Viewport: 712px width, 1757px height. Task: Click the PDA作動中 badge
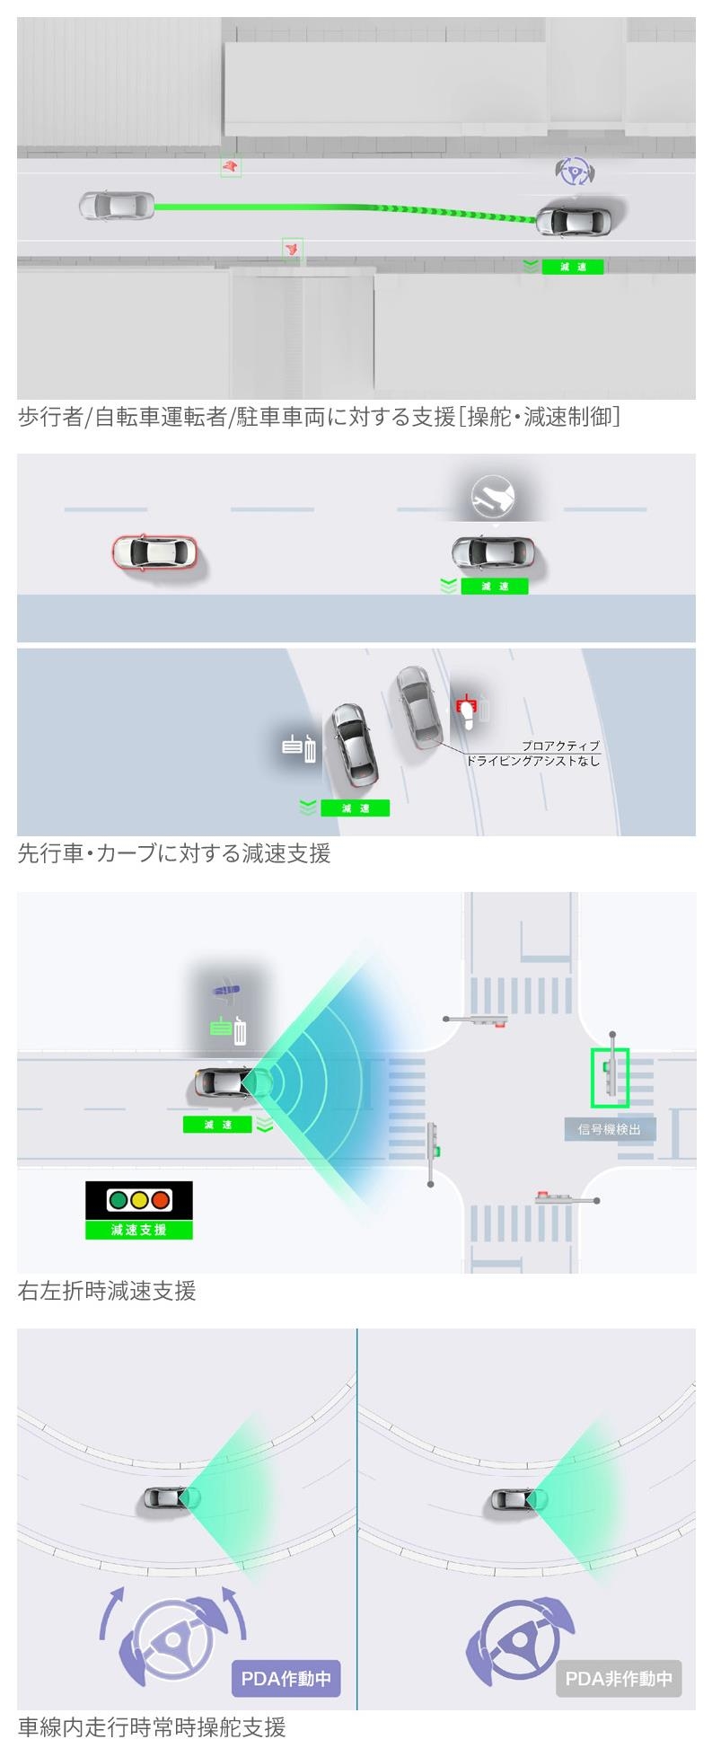point(286,1678)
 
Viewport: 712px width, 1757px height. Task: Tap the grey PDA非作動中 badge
point(619,1678)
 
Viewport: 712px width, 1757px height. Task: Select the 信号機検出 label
point(610,1129)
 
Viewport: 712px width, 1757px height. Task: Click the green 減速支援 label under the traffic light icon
point(139,1230)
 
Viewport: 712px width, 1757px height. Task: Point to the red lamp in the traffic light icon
point(161,1199)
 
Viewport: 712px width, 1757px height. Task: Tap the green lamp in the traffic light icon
point(117,1199)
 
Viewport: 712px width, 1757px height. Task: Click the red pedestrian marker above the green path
point(231,166)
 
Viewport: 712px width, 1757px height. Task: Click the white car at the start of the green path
point(117,206)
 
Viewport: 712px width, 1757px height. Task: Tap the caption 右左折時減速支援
point(107,1291)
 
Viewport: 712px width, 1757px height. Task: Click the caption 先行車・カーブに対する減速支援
point(174,853)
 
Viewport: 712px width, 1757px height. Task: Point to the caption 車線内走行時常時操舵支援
point(152,1726)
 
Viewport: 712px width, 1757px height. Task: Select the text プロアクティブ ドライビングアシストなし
point(533,754)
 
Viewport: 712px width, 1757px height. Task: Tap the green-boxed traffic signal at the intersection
point(610,1077)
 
